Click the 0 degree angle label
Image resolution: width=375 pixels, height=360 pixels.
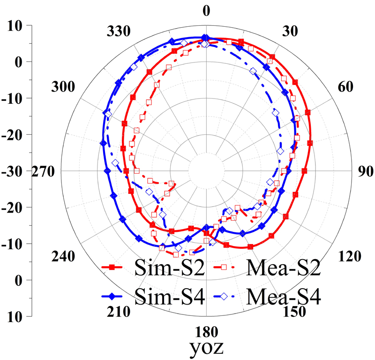pyautogui.click(x=205, y=10)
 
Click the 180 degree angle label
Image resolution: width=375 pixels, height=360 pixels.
pyautogui.click(x=205, y=332)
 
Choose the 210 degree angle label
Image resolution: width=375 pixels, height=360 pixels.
pyautogui.click(x=115, y=311)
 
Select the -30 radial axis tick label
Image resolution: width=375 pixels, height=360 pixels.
pyautogui.click(x=15, y=171)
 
